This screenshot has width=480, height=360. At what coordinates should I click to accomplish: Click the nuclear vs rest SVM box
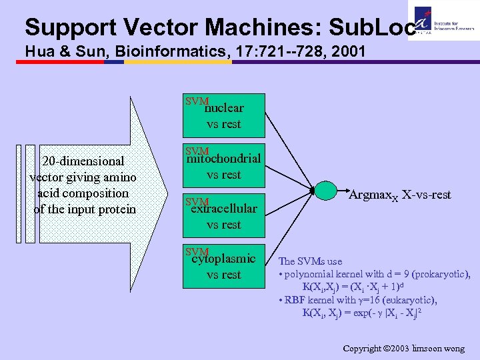(x=223, y=115)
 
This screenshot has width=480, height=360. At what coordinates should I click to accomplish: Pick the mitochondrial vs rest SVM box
(x=223, y=166)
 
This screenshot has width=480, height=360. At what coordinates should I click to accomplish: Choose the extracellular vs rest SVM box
(x=223, y=216)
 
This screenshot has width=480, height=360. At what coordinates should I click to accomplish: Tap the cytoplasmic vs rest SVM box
(x=223, y=266)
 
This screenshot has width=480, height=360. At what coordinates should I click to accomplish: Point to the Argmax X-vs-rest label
(x=400, y=195)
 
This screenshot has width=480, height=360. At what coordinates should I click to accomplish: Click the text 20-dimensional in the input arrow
(x=83, y=161)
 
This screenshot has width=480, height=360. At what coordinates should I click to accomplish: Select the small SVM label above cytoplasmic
(x=197, y=251)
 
